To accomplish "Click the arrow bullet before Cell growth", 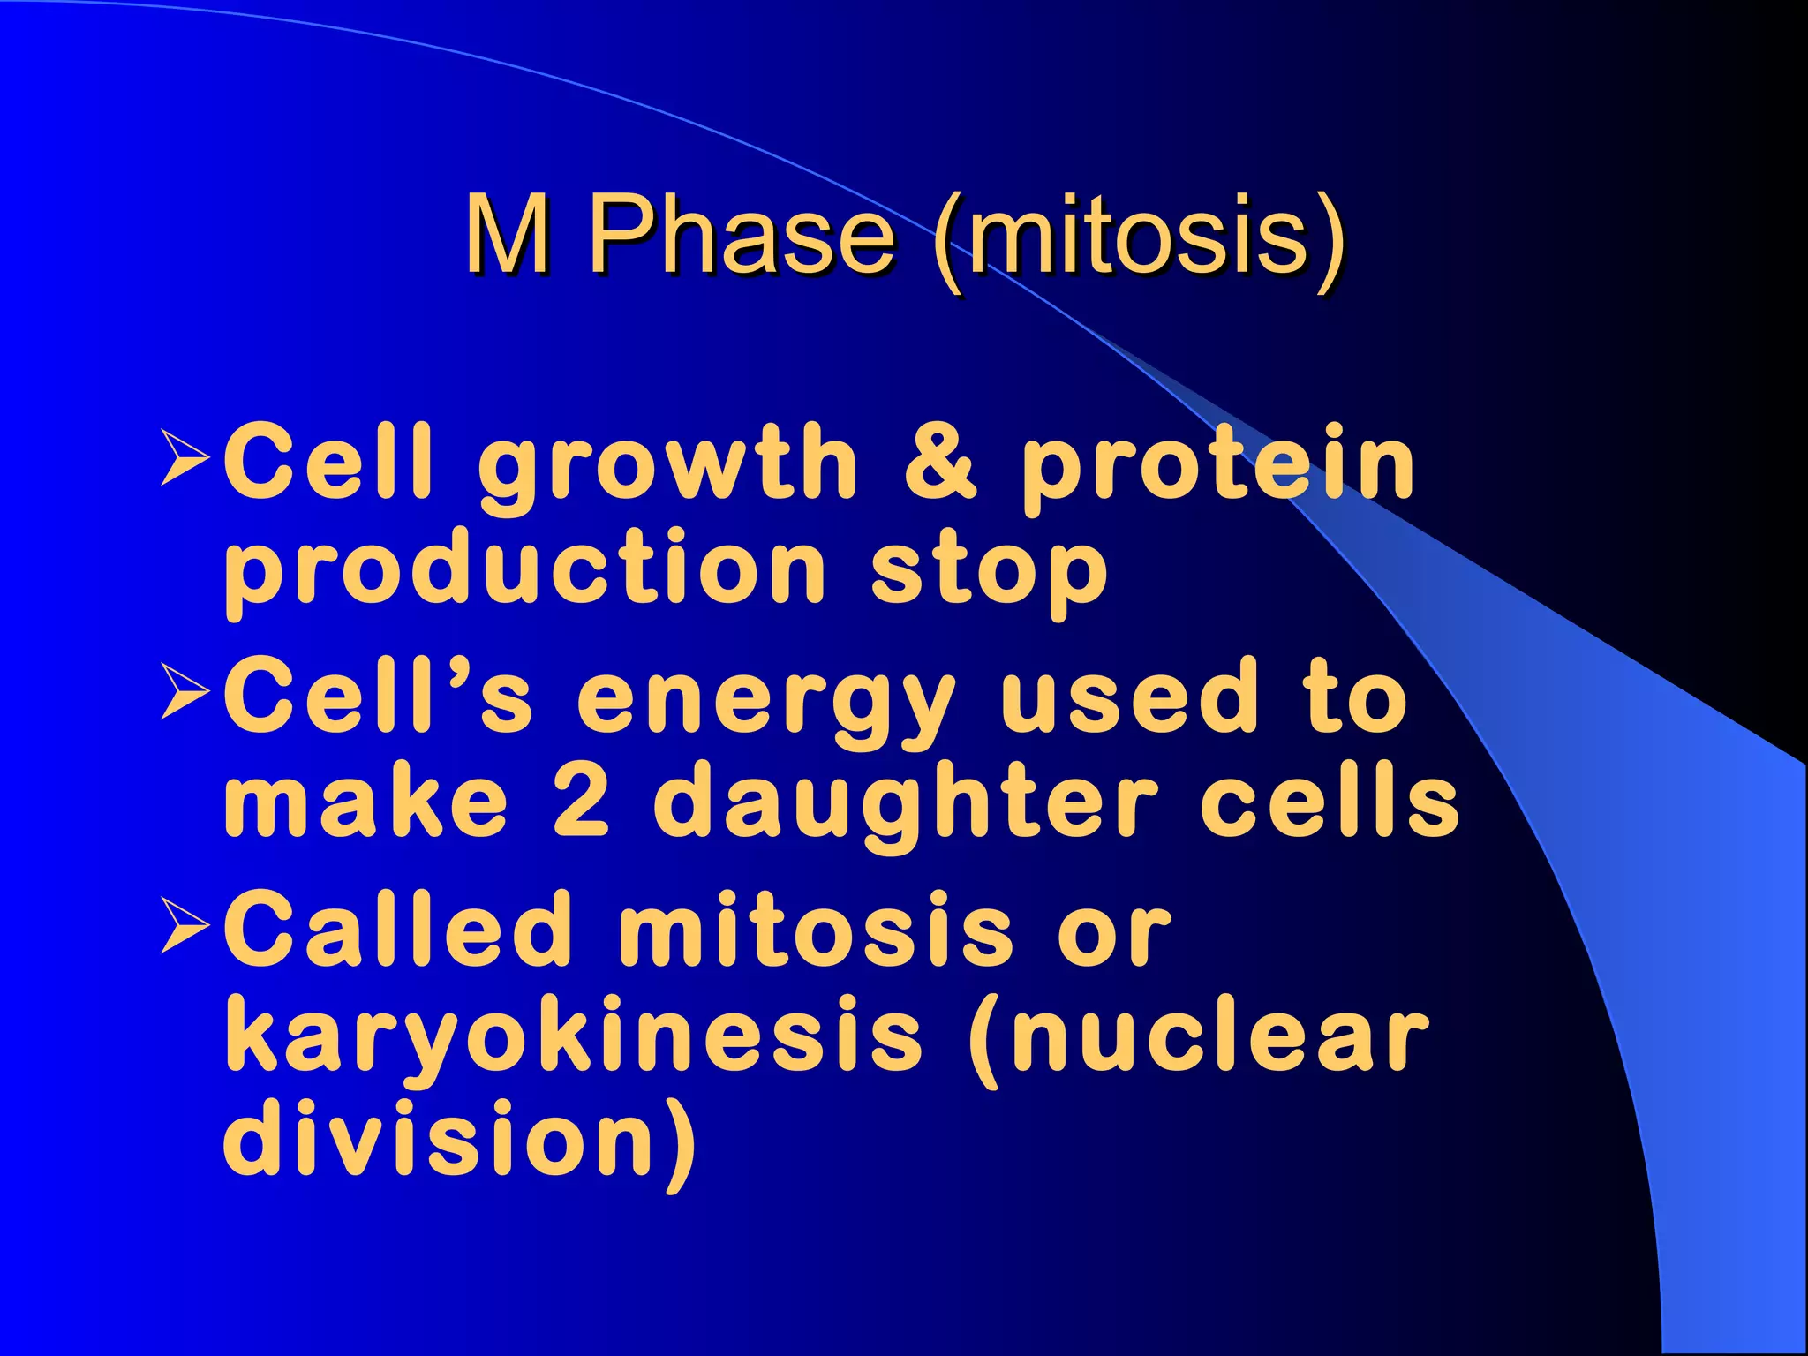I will coord(185,458).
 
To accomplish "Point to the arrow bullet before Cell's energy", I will coord(185,693).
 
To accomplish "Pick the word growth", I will coord(667,468).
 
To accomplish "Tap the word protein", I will coord(1218,468).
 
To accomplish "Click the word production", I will coord(524,574).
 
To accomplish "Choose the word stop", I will coord(989,574).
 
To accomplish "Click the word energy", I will coord(766,702).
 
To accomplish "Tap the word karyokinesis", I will coord(574,1037).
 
